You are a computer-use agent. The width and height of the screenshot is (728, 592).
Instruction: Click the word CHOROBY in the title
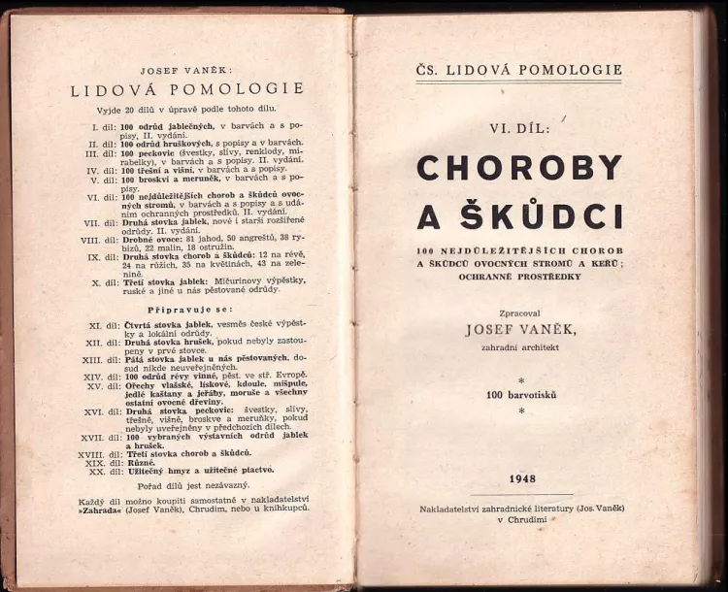[519, 168]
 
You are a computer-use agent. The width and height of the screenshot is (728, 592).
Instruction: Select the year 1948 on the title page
[522, 477]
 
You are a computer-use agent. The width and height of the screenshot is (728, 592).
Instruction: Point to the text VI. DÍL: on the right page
[520, 126]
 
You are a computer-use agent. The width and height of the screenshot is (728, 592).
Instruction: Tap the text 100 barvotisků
[521, 395]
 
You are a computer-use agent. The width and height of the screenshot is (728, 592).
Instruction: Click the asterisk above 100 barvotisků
[521, 379]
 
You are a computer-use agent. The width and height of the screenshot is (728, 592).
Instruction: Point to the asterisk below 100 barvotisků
[521, 411]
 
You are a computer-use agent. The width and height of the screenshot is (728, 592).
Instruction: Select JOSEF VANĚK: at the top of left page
[185, 71]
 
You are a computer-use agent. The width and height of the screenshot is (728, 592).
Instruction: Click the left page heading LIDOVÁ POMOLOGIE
[186, 89]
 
